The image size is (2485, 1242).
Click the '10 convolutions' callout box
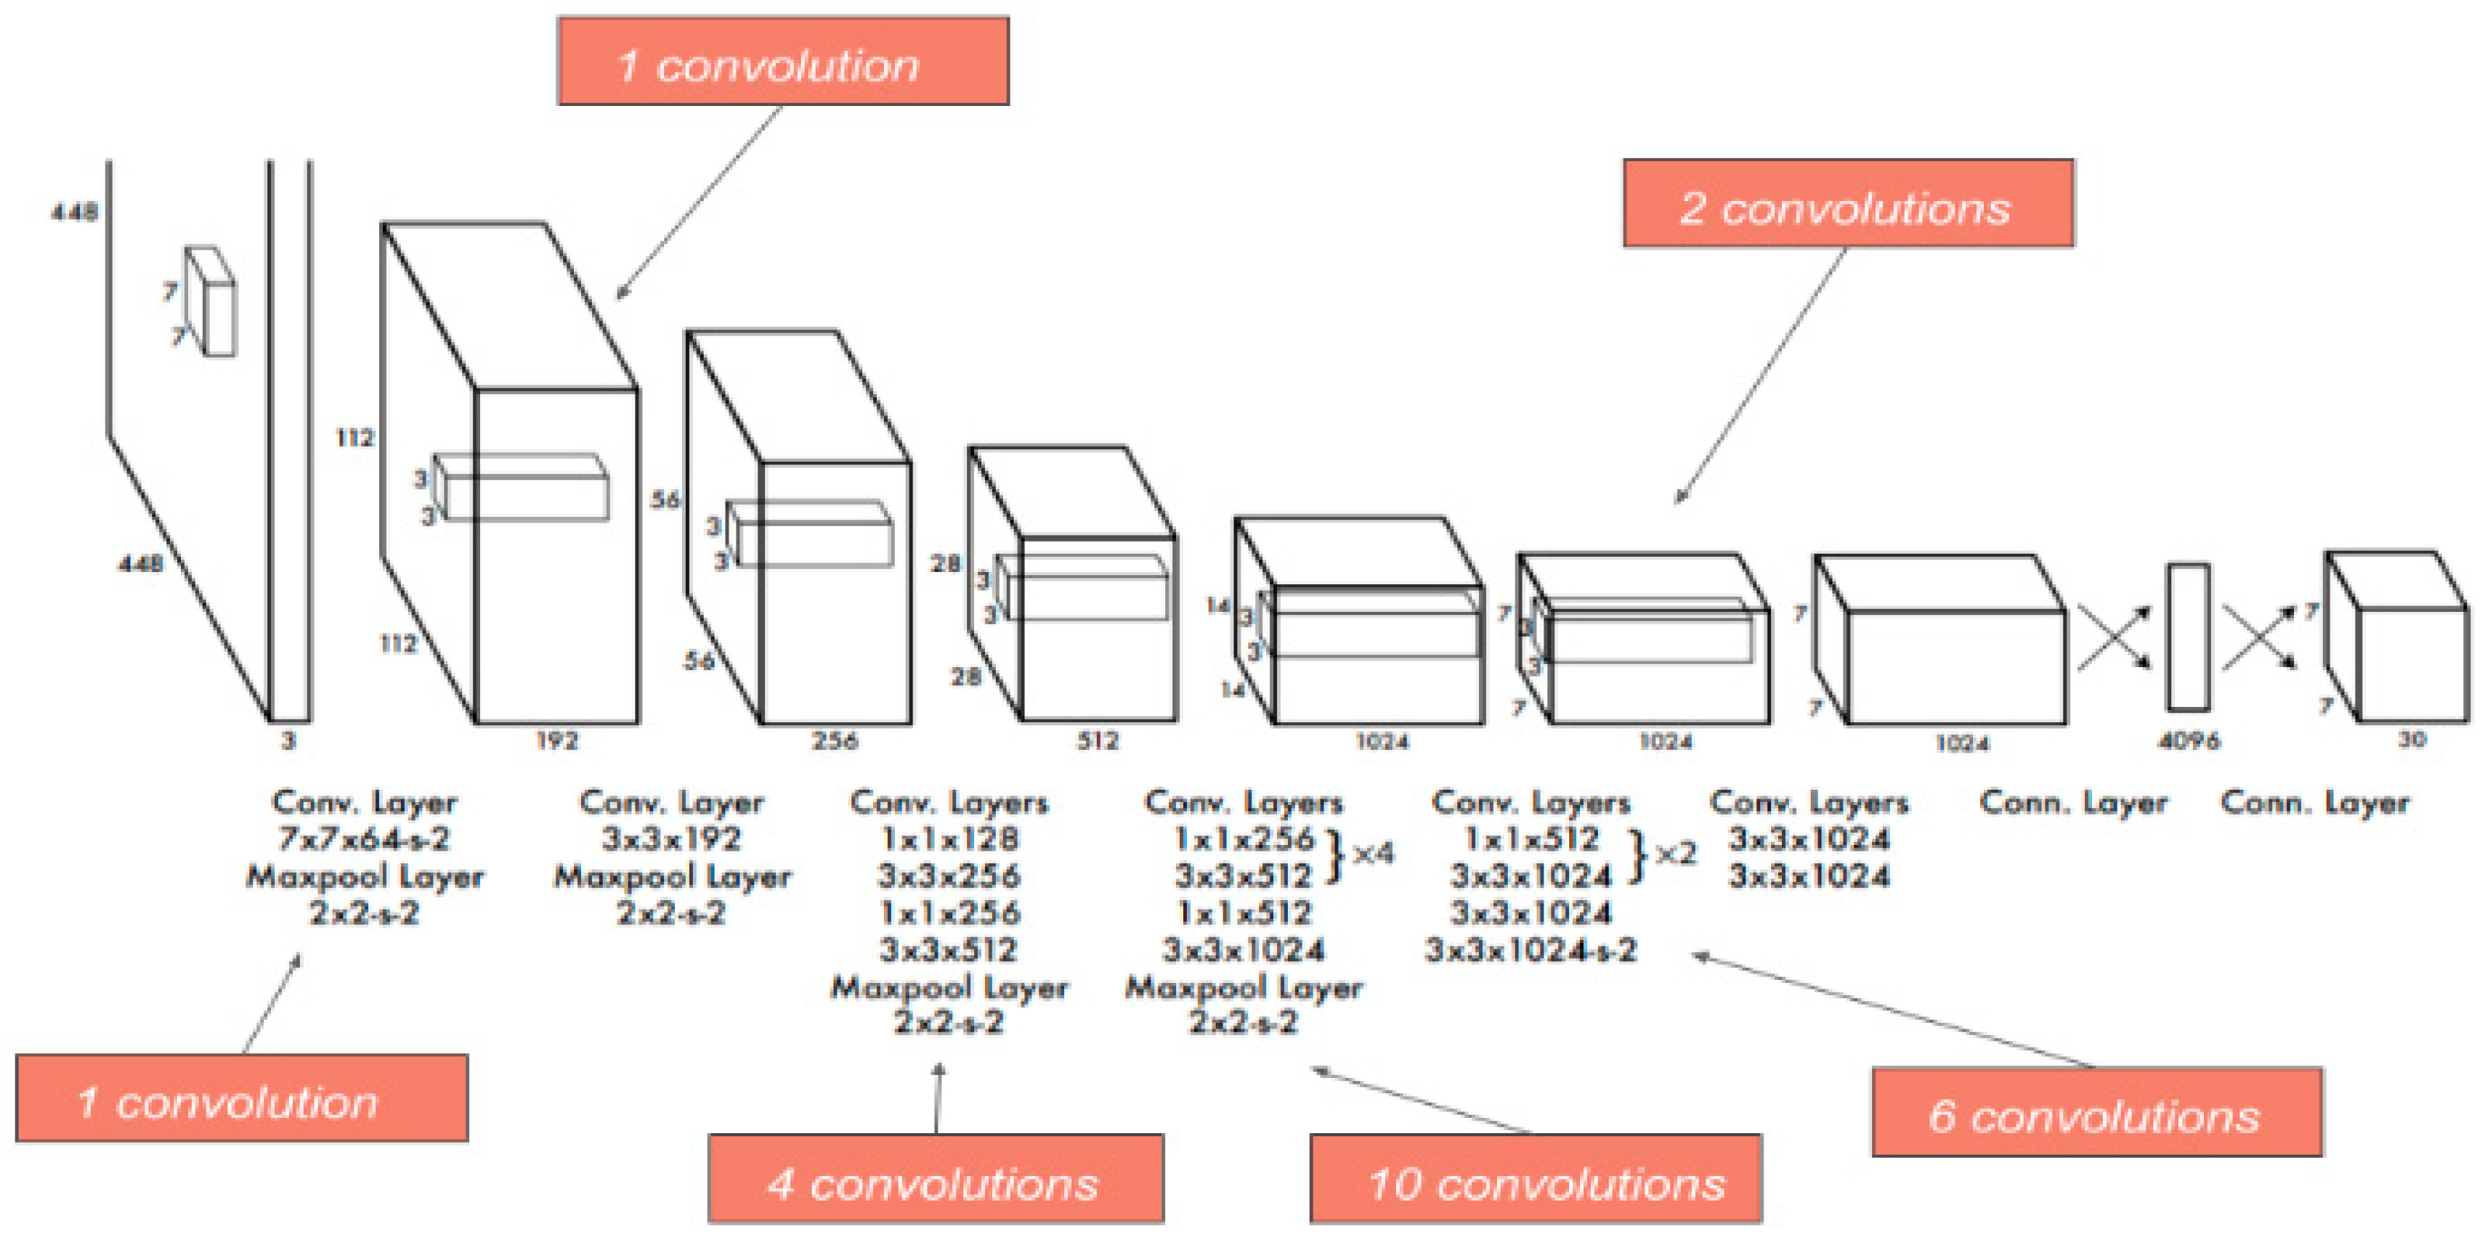(x=1535, y=1178)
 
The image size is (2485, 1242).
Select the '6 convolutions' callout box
(x=2096, y=1112)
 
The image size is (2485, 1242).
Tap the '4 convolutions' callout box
(x=935, y=1178)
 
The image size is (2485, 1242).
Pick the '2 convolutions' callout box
(x=1847, y=203)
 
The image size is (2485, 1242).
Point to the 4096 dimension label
(x=2188, y=740)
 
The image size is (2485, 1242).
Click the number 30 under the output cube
(x=2411, y=739)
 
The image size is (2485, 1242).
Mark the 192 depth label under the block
(x=556, y=740)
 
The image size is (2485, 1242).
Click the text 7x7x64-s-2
(x=364, y=839)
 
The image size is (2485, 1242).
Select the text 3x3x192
(x=671, y=839)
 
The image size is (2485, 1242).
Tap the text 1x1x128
(x=949, y=839)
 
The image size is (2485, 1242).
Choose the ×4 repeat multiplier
(x=1373, y=854)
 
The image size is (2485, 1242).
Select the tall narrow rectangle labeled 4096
(x=2188, y=637)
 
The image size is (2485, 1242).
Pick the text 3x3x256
(x=949, y=875)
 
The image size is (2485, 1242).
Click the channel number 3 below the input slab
(x=288, y=740)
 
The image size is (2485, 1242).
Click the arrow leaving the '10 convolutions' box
(x=1418, y=1099)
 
